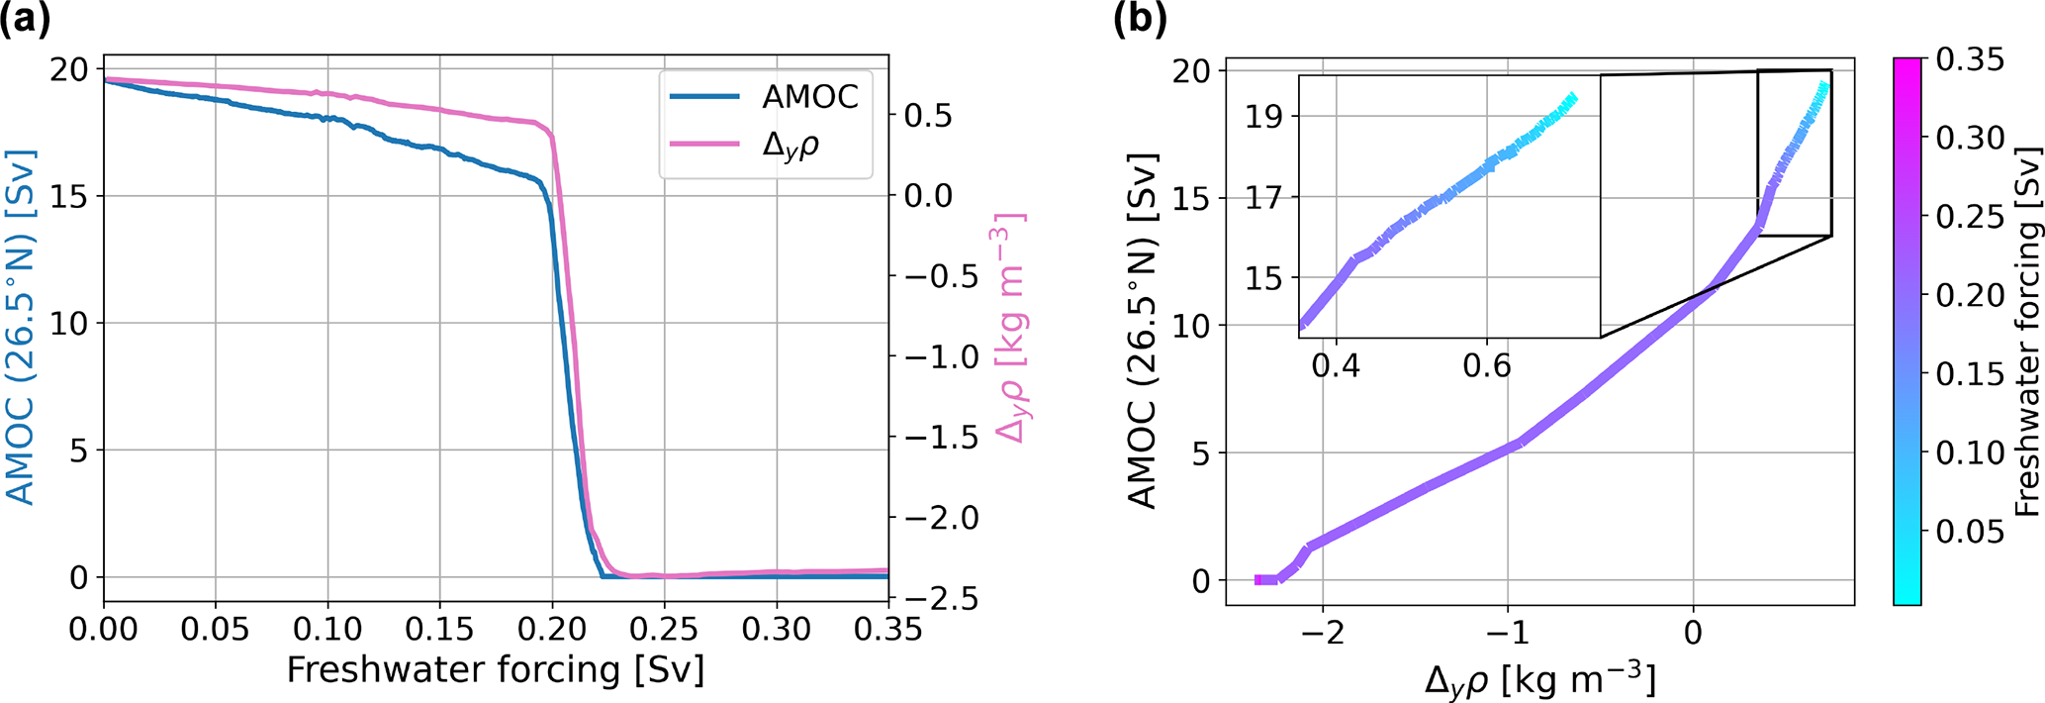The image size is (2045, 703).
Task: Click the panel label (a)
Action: [26, 20]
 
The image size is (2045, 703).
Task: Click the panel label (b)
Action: [1141, 20]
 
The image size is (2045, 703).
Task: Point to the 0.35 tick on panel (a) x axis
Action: [887, 629]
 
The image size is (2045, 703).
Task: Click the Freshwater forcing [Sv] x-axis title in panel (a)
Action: [496, 670]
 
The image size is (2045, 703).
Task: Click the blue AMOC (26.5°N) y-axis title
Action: [21, 327]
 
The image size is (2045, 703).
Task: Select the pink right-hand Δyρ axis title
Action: [1008, 327]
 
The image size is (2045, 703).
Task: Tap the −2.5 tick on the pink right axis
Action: [941, 599]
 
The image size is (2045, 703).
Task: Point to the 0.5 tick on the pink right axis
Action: [928, 115]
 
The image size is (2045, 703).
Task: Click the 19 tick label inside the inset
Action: [1263, 117]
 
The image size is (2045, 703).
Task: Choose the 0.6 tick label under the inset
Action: [1486, 365]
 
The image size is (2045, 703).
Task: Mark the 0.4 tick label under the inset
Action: [1336, 365]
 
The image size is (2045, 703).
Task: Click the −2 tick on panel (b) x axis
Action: [1323, 633]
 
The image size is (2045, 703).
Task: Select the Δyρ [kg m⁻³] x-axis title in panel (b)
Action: [1540, 678]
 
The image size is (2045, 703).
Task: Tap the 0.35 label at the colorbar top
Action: [1970, 60]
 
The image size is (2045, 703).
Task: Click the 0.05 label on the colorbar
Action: [1970, 531]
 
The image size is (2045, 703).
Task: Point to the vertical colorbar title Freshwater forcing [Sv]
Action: [2027, 333]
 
